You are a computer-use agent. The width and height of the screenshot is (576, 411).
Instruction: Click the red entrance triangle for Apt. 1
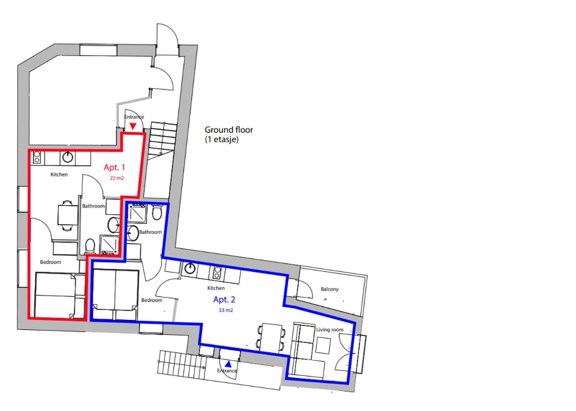[x=133, y=126]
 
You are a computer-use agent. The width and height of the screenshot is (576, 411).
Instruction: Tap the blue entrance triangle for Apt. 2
[x=228, y=364]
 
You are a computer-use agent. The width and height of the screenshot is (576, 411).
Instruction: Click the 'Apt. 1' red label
[x=114, y=167]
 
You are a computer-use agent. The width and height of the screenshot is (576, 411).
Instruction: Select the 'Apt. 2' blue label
[x=224, y=299]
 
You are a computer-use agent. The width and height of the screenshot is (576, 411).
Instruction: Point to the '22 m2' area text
[x=117, y=178]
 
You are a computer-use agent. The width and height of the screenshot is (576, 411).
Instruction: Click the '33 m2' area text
[x=226, y=310]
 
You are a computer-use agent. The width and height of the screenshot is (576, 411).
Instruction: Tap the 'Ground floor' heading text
[x=229, y=130]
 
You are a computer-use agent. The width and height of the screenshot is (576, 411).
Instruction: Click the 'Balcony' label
[x=329, y=289]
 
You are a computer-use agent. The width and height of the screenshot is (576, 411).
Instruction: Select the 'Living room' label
[x=330, y=330]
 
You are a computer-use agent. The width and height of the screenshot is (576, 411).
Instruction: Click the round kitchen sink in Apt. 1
[x=67, y=157]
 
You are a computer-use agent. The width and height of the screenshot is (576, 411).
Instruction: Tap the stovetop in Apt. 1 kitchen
[x=36, y=158]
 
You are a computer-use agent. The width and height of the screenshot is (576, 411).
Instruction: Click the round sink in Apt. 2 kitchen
[x=190, y=269]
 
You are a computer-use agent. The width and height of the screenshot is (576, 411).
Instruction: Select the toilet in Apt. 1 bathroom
[x=90, y=246]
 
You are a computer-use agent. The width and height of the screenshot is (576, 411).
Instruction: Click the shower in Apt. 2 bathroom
[x=137, y=214]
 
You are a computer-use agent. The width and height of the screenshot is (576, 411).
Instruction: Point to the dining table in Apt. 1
[x=67, y=215]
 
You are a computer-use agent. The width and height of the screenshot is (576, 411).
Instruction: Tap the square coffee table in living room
[x=323, y=345]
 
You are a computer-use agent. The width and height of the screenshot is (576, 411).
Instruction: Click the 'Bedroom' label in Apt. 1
[x=50, y=262]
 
